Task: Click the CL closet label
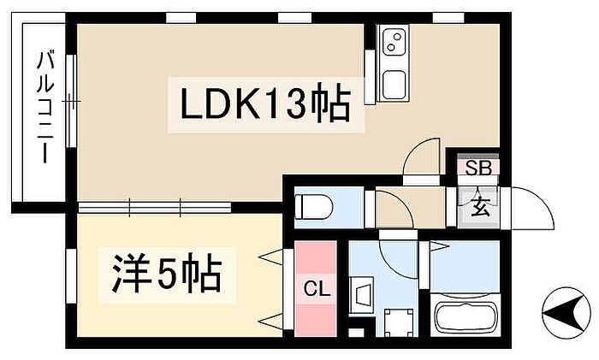tap(316, 287)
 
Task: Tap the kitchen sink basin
tap(394, 85)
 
